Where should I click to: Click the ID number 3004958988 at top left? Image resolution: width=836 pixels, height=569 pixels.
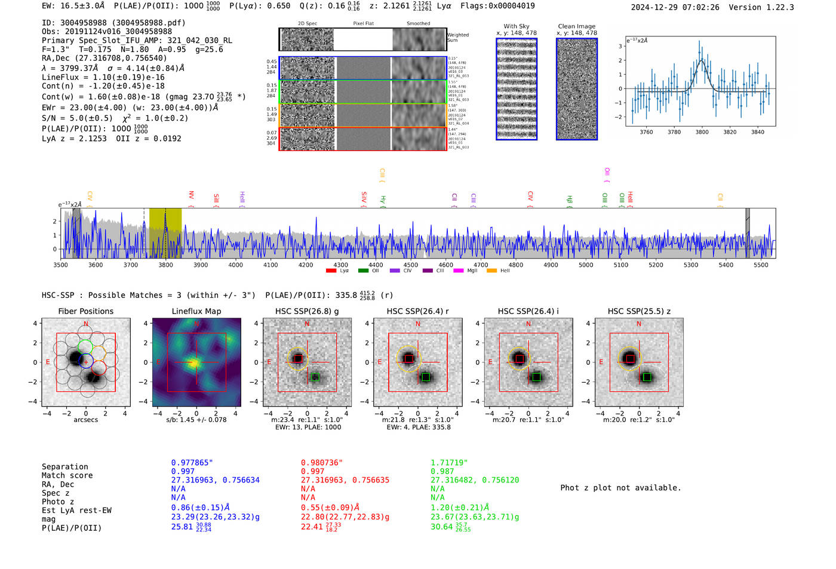point(83,23)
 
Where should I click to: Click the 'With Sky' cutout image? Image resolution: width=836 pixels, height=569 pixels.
point(517,89)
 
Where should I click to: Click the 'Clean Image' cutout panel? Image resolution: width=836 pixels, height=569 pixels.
point(577,89)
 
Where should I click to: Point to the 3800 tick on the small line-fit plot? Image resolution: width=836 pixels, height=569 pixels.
point(702,132)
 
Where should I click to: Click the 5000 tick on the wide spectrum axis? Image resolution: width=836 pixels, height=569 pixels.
point(586,264)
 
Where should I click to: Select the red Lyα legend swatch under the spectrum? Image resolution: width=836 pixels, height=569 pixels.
point(331,271)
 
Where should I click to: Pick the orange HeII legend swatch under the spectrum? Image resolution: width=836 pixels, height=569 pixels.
point(492,271)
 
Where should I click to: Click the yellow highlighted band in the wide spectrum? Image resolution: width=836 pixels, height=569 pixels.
point(165,233)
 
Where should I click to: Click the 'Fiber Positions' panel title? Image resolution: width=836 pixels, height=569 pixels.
point(85,311)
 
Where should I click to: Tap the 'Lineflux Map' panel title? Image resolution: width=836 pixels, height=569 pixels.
point(196,311)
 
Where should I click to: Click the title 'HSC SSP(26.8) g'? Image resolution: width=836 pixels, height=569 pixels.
point(307,311)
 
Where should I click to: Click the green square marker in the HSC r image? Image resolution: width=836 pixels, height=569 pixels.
point(426,377)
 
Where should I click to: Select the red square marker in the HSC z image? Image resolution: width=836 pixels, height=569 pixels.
point(630,358)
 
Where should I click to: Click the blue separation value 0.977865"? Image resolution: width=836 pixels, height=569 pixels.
point(192,463)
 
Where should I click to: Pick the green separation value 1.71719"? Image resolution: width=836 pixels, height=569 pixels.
point(449,463)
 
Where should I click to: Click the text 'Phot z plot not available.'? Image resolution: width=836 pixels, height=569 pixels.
point(620,488)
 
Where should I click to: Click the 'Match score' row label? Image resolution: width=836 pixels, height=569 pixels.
point(67,475)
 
